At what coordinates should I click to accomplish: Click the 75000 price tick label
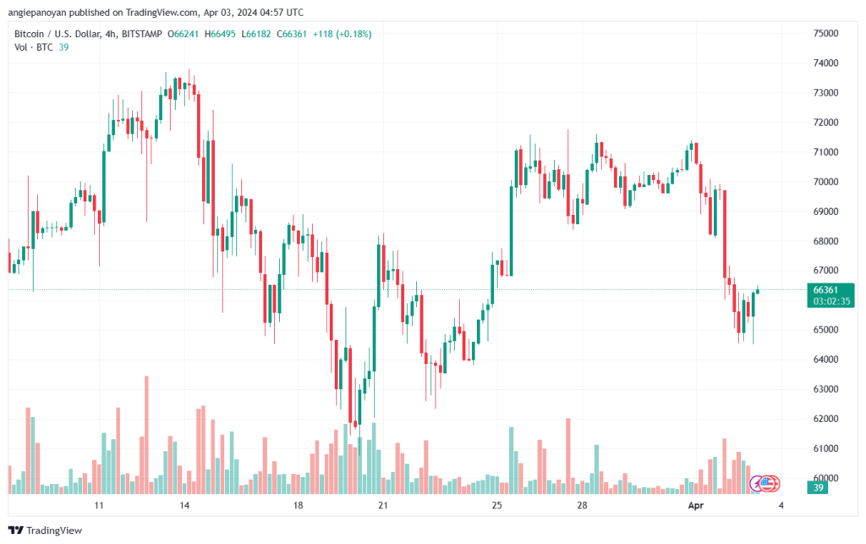tap(825, 34)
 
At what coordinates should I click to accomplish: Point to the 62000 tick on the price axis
tap(825, 419)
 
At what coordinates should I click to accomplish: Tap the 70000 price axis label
tap(825, 182)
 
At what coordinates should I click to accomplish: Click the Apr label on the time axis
tap(694, 505)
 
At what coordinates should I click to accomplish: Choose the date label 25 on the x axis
tap(496, 505)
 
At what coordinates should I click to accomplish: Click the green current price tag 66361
tap(825, 289)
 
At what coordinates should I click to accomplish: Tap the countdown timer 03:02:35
tap(825, 300)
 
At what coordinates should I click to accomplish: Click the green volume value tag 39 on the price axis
tap(818, 487)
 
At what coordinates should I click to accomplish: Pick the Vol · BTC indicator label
tap(34, 47)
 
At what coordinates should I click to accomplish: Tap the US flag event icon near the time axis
tap(766, 483)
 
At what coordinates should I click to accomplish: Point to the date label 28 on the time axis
tap(582, 505)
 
